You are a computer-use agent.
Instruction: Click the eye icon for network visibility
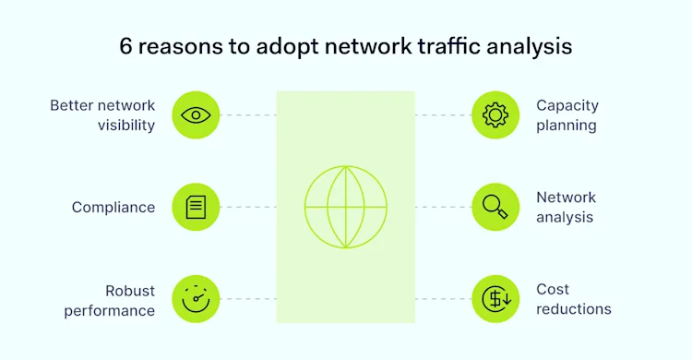coord(196,115)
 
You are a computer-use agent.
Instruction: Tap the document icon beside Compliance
coord(196,207)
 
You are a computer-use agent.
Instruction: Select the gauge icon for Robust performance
coord(196,299)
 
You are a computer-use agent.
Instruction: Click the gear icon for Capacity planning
coord(495,115)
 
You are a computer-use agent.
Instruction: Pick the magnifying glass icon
coord(495,207)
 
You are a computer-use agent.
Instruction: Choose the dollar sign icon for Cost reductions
coord(495,299)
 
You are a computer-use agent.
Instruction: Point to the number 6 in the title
coord(126,46)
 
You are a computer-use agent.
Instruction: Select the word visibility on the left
coord(125,126)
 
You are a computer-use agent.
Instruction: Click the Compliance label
coord(113,208)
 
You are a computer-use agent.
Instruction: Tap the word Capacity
coord(567,105)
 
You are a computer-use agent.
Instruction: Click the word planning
coord(567,126)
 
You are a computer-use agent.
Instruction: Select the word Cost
coord(553,289)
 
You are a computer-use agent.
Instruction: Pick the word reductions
coord(574,309)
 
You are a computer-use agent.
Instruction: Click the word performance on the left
coord(109,310)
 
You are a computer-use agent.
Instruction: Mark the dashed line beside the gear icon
coord(443,115)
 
